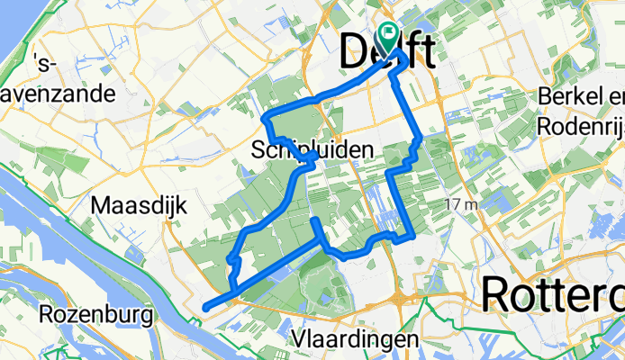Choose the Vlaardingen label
click(x=356, y=339)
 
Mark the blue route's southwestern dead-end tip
click(x=206, y=307)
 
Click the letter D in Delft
click(x=355, y=53)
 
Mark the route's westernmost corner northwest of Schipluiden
click(x=264, y=117)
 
